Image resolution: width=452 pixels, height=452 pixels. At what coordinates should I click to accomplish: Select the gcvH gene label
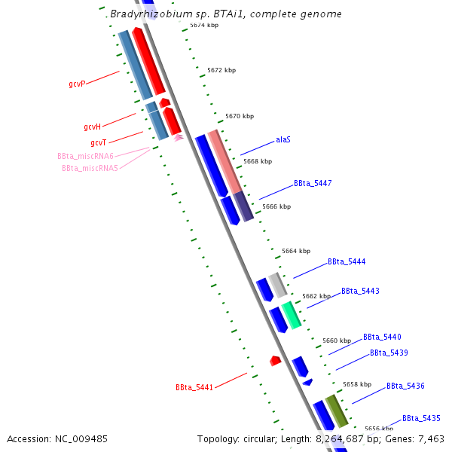point(92,127)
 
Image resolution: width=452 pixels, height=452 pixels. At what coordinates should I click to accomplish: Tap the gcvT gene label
point(98,142)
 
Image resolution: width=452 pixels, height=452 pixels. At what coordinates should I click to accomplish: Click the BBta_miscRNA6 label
point(85,156)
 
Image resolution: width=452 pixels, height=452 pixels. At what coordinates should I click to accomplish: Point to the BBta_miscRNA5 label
point(90,168)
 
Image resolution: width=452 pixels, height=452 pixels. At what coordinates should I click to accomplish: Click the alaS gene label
point(283,140)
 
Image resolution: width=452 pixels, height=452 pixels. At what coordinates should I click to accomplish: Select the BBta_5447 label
point(313,183)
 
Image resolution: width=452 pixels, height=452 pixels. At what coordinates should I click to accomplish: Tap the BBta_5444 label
point(347,262)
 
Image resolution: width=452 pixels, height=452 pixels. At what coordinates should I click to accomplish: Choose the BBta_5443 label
point(360,291)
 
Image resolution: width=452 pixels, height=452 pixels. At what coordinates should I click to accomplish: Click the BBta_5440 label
point(382,337)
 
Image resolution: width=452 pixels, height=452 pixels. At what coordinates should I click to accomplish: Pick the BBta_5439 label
point(389,353)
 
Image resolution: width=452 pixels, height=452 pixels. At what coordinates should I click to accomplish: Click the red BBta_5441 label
point(194,387)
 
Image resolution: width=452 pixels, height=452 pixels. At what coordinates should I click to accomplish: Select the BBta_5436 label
point(405,386)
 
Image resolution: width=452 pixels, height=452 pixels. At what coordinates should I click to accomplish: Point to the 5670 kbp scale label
point(240,116)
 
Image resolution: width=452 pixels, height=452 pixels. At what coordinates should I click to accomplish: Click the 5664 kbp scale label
point(296,251)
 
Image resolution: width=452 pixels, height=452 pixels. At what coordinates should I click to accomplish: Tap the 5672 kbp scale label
point(221,70)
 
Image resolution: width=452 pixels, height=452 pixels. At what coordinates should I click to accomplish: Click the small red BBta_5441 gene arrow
point(275,361)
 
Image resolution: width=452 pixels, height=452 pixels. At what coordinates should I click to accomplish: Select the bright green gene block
point(292,314)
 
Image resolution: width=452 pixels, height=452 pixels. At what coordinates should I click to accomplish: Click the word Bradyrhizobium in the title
point(146,14)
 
